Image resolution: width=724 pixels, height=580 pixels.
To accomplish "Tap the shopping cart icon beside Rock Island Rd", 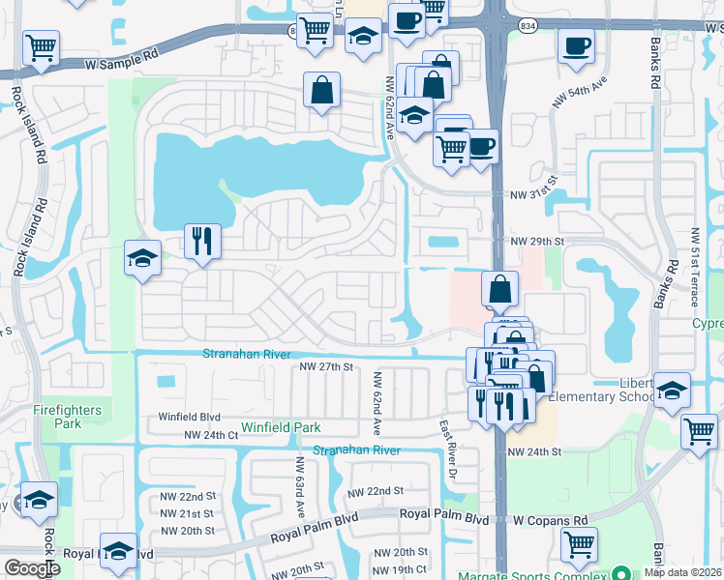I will [42, 46].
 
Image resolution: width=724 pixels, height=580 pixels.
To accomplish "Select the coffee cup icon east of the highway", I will [577, 46].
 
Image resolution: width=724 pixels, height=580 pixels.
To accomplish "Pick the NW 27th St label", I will [327, 366].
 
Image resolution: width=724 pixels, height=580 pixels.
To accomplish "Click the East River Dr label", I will [448, 448].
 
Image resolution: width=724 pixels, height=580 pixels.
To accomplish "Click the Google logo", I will [31, 568].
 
